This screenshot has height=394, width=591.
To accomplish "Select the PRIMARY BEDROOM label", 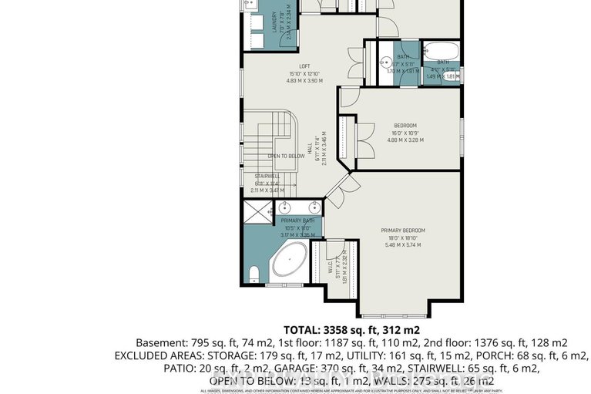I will (x=403, y=230).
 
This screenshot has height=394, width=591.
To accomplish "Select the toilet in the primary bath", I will (x=254, y=274).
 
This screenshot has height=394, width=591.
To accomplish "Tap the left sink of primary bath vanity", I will (x=285, y=207).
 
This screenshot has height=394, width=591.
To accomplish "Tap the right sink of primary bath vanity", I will (x=314, y=207).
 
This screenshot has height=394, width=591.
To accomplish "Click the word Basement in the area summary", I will (x=158, y=343).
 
